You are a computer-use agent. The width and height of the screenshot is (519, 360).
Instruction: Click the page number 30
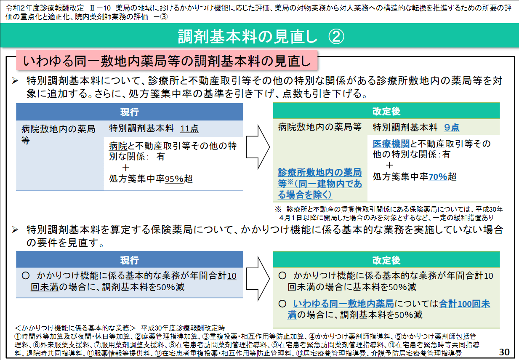[x=504, y=352]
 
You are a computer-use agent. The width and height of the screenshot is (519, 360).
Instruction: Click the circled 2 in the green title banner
[x=336, y=37]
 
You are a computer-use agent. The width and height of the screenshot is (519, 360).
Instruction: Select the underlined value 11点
[x=189, y=128]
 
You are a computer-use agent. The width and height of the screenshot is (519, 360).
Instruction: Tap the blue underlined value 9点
[x=452, y=128]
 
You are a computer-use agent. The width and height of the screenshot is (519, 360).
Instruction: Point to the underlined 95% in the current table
[x=174, y=179]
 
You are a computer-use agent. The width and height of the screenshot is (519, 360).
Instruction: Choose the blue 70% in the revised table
[x=438, y=177]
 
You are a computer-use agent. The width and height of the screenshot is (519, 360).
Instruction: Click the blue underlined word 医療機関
[x=391, y=144]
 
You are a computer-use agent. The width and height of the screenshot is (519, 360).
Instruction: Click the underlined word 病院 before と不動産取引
[x=118, y=146]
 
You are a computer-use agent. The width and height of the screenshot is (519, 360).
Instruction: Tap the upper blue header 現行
[x=129, y=112]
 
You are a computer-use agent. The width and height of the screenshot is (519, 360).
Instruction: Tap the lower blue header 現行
[x=129, y=260]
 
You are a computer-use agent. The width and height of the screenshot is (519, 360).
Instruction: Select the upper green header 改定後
[x=386, y=111]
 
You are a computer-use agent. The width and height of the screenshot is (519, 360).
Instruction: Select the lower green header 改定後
[x=386, y=260]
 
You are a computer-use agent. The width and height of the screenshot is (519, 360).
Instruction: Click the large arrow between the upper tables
[x=258, y=147]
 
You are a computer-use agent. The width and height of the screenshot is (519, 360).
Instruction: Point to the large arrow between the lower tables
[x=258, y=279]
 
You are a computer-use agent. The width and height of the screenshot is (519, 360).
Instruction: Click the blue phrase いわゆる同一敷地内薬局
[x=343, y=304]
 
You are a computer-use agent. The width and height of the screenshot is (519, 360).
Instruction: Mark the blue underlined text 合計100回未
[x=464, y=304]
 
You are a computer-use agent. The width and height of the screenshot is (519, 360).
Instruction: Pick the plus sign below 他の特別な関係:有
[x=389, y=165]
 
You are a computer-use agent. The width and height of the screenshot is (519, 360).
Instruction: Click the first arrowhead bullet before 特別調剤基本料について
[x=15, y=81]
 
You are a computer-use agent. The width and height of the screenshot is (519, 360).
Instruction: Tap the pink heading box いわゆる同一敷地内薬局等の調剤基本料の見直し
[x=167, y=60]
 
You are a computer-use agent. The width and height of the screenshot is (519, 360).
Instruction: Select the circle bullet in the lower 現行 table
[x=26, y=276]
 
